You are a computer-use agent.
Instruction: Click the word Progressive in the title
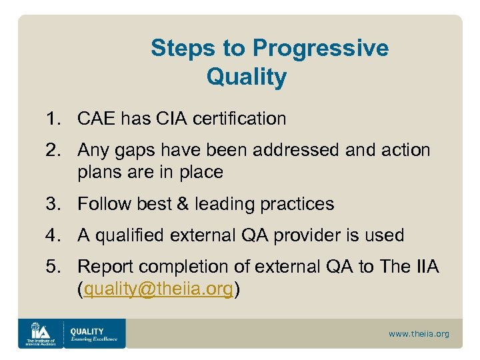click(x=320, y=48)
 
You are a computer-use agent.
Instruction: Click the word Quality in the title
click(x=246, y=77)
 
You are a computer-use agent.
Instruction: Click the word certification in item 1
click(x=238, y=119)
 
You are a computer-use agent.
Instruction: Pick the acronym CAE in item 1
click(x=96, y=119)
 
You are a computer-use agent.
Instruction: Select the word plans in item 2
click(x=100, y=172)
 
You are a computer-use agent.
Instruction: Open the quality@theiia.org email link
click(x=158, y=288)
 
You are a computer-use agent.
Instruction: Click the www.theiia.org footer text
click(x=419, y=333)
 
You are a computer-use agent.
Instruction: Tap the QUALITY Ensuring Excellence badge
click(x=93, y=333)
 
